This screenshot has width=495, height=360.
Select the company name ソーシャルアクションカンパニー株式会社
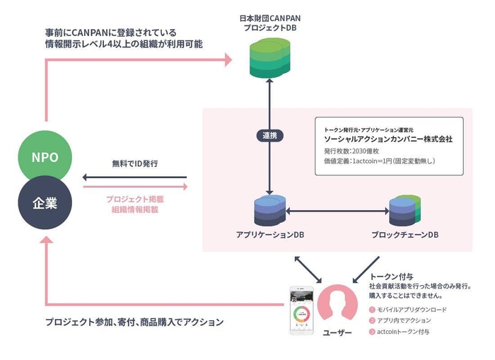(388, 139)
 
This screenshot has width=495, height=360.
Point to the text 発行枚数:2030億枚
(351, 151)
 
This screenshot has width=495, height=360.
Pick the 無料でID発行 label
(134, 164)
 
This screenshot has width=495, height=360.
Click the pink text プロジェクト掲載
(134, 199)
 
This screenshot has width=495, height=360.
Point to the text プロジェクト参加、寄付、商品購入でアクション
(134, 322)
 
